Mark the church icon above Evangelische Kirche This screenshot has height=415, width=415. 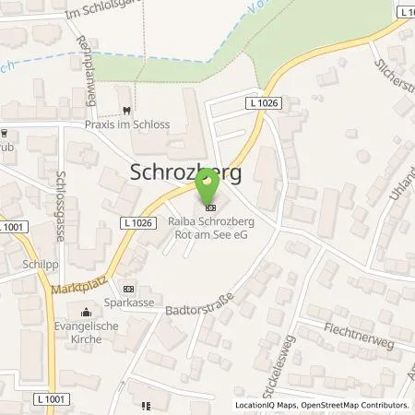(86, 311)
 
